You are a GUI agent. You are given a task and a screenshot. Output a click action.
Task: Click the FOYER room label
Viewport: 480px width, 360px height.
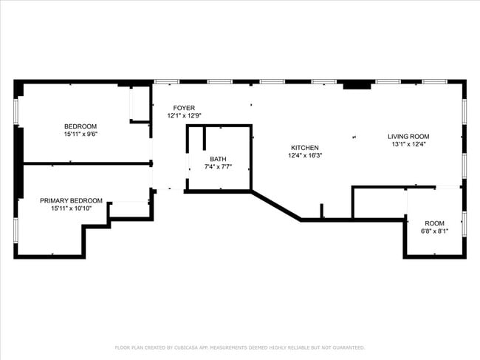(184, 108)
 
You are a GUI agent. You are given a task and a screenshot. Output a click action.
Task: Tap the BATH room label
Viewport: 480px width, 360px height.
(218, 159)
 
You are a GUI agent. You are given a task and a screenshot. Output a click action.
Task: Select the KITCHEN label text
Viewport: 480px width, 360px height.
(305, 147)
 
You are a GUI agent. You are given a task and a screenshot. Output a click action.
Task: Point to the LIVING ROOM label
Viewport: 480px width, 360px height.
(408, 136)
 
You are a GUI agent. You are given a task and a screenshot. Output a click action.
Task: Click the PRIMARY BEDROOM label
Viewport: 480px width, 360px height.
(71, 201)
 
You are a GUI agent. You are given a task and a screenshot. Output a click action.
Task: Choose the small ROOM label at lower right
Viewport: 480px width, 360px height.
(434, 223)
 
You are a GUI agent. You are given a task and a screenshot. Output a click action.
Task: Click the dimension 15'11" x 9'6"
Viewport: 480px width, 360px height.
(80, 135)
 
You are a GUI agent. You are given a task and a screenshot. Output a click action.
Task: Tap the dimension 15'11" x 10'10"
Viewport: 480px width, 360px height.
(71, 209)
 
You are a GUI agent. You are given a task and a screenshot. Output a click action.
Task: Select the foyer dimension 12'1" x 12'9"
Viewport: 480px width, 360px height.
(184, 116)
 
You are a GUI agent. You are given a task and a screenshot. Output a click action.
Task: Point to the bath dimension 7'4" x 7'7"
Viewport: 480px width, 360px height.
(218, 167)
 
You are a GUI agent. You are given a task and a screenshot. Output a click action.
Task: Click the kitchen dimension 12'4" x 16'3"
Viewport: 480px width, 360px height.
(305, 155)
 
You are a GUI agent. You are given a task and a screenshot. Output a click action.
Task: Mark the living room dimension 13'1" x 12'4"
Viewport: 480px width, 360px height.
(408, 144)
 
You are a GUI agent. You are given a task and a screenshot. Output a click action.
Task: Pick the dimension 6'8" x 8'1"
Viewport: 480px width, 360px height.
(434, 231)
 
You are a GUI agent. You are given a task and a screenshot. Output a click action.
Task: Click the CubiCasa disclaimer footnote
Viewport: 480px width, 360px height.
(239, 347)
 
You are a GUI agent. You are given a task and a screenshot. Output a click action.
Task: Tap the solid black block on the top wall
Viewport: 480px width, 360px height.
(357, 85)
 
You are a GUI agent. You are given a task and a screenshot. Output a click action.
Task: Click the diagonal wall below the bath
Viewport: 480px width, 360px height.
(276, 206)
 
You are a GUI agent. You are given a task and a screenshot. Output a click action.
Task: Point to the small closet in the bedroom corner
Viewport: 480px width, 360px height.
(140, 104)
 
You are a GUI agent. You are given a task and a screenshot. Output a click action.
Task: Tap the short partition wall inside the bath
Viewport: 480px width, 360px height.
(203, 139)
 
